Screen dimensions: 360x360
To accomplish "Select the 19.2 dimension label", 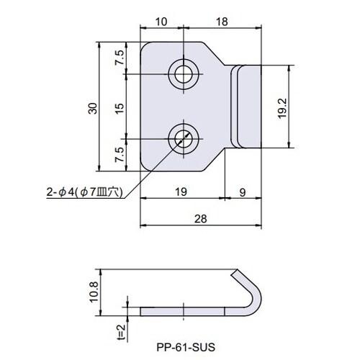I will click(282, 107).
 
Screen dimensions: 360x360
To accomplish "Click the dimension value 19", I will click(180, 192).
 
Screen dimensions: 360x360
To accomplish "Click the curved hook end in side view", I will click(253, 295).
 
